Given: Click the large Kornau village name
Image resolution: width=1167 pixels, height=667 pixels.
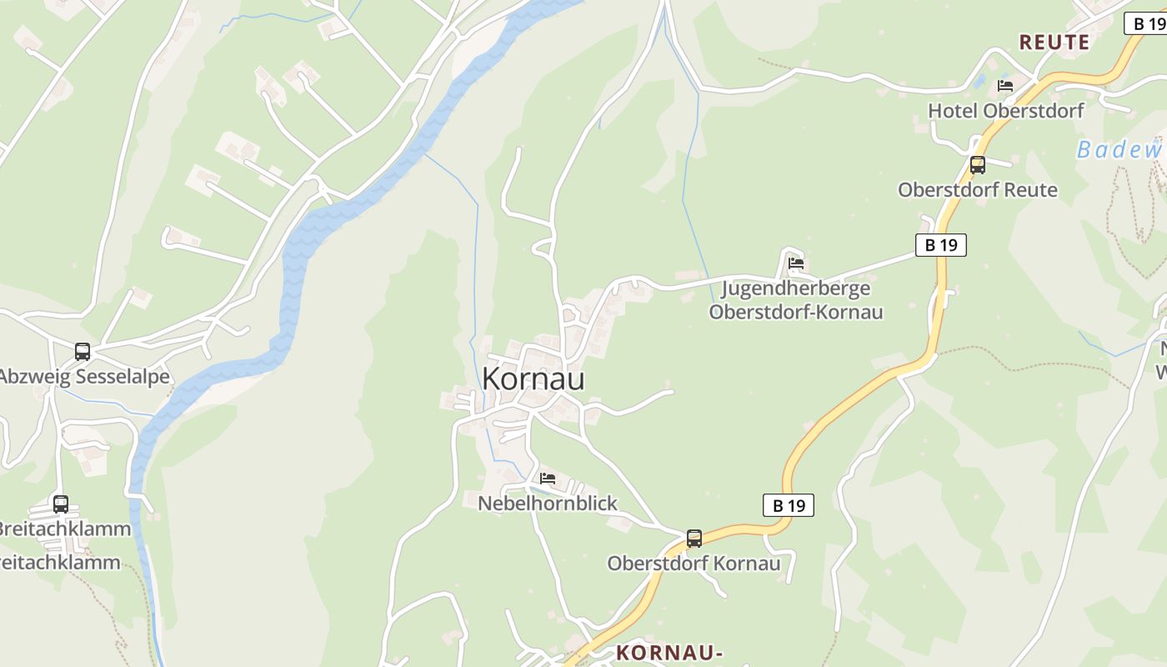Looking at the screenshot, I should [533, 379].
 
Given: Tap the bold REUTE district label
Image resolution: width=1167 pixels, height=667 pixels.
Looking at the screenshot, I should [1054, 43].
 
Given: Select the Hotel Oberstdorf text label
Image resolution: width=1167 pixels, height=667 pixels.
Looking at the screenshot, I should [1005, 110].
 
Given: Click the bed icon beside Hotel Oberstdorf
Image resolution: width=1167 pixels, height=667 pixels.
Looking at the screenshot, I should [1005, 85].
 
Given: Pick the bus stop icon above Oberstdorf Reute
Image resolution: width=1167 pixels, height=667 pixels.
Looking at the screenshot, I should [977, 165].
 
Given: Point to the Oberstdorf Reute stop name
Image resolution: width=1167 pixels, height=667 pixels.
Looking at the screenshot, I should [977, 190].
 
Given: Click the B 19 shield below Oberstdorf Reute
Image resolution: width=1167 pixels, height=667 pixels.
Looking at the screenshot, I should [941, 245].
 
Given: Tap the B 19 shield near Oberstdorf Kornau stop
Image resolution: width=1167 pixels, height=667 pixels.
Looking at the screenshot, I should [788, 505].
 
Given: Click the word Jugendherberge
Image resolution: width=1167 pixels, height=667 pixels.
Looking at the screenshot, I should [795, 288].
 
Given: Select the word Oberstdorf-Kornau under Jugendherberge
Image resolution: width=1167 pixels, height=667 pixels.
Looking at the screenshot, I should [795, 312].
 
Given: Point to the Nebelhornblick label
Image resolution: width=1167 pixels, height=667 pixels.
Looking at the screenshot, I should [548, 504].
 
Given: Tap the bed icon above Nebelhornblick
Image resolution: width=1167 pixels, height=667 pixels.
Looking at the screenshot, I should [548, 479].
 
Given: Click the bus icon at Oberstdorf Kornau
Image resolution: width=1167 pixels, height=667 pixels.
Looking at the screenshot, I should [694, 539].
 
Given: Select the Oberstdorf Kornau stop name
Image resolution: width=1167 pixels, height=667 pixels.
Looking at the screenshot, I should [694, 564].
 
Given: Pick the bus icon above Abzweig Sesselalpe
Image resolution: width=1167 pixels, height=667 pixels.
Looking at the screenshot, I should [82, 352].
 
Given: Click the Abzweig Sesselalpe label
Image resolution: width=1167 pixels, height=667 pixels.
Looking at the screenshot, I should [83, 377].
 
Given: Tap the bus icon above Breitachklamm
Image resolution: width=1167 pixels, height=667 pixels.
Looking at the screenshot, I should [61, 504].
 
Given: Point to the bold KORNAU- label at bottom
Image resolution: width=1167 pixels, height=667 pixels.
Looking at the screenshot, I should [669, 653].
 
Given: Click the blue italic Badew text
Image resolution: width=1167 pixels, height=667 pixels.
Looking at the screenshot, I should [1119, 150].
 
